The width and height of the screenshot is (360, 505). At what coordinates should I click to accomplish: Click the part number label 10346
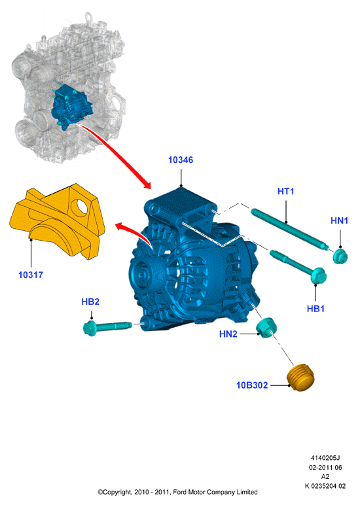click(181, 160)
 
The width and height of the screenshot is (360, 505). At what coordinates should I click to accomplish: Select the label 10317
click(31, 275)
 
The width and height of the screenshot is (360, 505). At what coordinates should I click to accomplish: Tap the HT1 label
click(285, 191)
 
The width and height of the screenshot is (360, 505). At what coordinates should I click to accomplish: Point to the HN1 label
click(339, 220)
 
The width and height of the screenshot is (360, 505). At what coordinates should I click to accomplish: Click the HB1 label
click(315, 309)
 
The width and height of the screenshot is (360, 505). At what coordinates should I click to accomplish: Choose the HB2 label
click(90, 302)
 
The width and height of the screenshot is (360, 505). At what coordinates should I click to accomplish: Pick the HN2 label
click(228, 334)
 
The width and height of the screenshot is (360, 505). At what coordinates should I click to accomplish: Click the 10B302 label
click(252, 385)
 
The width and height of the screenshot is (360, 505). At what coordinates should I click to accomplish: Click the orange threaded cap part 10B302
click(300, 378)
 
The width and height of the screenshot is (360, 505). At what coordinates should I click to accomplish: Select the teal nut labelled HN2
click(266, 328)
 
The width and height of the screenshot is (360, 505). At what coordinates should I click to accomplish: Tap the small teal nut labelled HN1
click(340, 256)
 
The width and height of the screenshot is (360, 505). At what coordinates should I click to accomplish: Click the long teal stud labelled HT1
click(290, 230)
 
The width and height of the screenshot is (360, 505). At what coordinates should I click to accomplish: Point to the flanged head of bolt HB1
click(318, 275)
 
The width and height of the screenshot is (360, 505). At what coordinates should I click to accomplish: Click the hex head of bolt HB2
click(90, 328)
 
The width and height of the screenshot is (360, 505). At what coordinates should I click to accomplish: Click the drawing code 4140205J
click(325, 458)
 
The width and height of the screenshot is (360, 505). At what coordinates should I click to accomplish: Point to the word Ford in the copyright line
click(180, 492)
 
